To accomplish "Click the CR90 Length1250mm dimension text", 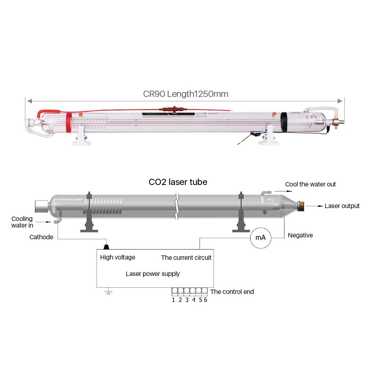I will [185, 94].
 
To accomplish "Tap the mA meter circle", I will [260, 238].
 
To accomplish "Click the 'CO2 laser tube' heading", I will [178, 182].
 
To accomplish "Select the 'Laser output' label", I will [342, 206].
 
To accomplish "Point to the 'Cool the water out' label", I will [310, 184].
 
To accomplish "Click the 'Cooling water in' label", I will [22, 222].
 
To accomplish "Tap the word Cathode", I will [41, 237].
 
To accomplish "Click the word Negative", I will [300, 235].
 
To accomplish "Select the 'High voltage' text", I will [117, 257].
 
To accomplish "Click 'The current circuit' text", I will [186, 258].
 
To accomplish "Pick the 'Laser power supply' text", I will [153, 274].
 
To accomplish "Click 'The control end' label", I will [232, 292].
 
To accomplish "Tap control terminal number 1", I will [174, 300].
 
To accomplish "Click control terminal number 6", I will [206, 300].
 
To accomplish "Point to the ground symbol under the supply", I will [108, 292].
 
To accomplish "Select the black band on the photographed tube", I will [284, 122].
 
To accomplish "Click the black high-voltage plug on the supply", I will [107, 247].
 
